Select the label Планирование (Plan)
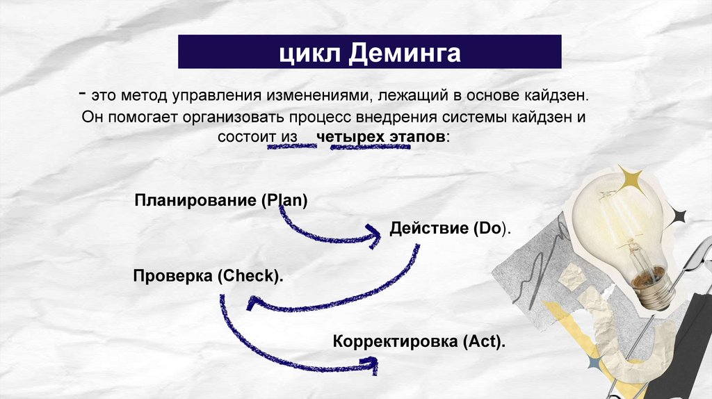point(221,202)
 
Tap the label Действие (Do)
point(450,228)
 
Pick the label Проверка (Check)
point(208,276)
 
